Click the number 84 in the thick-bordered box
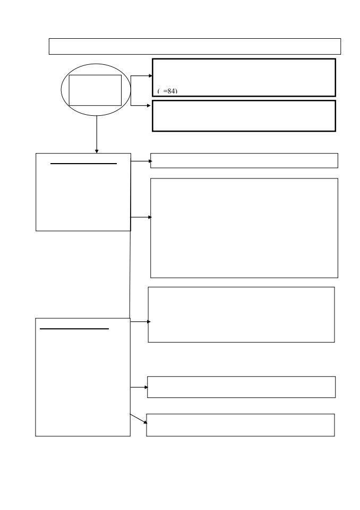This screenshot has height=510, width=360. tap(172, 91)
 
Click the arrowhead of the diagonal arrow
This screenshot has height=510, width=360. tap(145, 422)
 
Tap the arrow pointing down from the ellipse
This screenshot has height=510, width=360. tap(97, 134)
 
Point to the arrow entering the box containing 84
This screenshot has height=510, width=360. tap(141, 76)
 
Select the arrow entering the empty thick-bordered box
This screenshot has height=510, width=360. tap(141, 105)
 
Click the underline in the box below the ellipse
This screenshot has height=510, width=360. tap(83, 164)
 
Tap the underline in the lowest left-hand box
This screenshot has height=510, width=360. tap(74, 329)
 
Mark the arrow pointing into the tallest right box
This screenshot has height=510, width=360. tap(141, 217)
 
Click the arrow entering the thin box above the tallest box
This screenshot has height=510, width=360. tap(141, 161)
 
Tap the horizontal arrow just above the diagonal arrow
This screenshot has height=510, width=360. tap(139, 387)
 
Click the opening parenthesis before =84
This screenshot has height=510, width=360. tap(158, 91)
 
